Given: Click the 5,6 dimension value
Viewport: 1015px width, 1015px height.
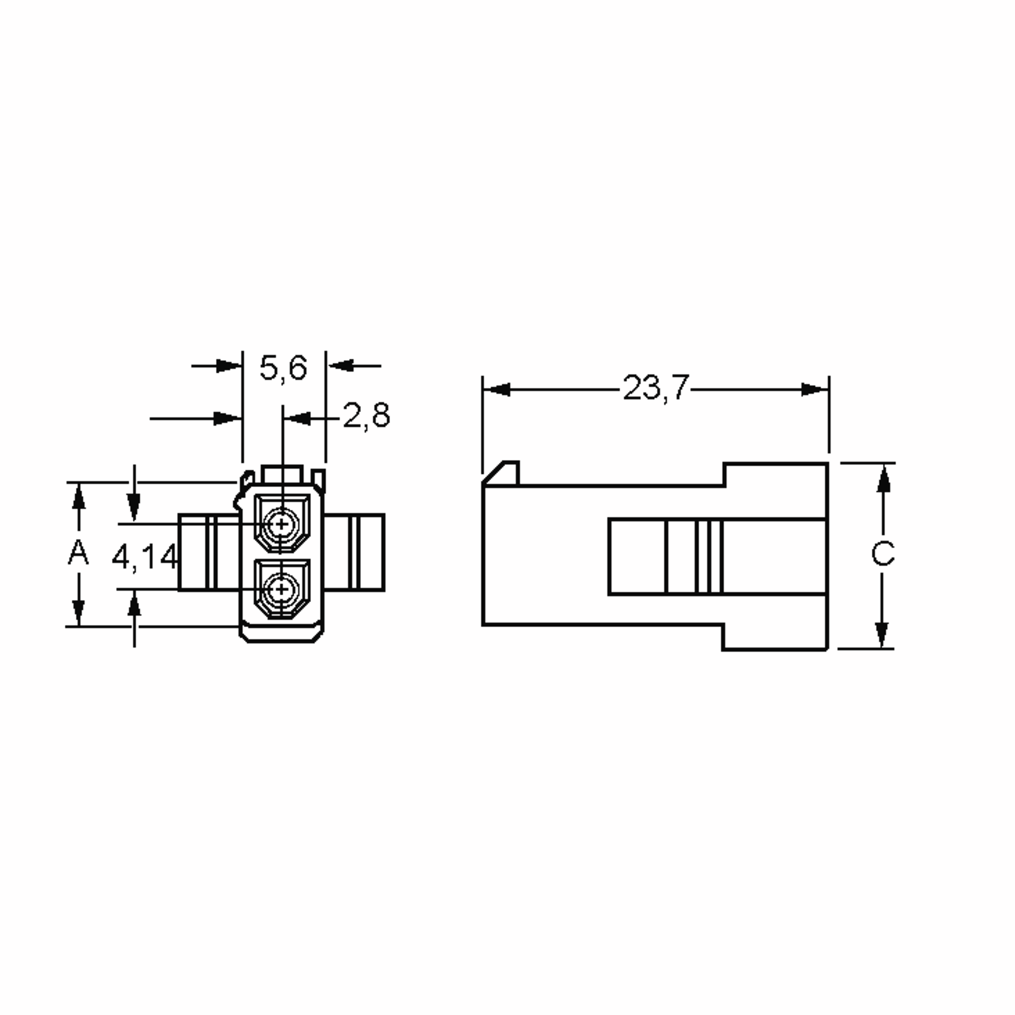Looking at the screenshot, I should coord(283,368).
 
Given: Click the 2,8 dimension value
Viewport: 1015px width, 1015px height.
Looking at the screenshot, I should coord(366,416).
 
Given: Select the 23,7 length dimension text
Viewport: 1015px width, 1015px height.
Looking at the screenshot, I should coord(655,388).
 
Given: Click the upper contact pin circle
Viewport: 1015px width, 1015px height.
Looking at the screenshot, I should coord(282,524).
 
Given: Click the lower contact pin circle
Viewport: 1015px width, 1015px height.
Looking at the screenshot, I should coord(282,590).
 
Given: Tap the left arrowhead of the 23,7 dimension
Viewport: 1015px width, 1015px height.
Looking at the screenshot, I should coord(497,390).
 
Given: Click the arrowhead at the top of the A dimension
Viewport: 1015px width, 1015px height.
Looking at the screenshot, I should coord(79,497).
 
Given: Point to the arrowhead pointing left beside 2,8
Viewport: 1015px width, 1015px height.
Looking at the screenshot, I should coord(297,419).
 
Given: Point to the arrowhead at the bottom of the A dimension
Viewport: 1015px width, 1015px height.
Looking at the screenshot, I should coord(79,612).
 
